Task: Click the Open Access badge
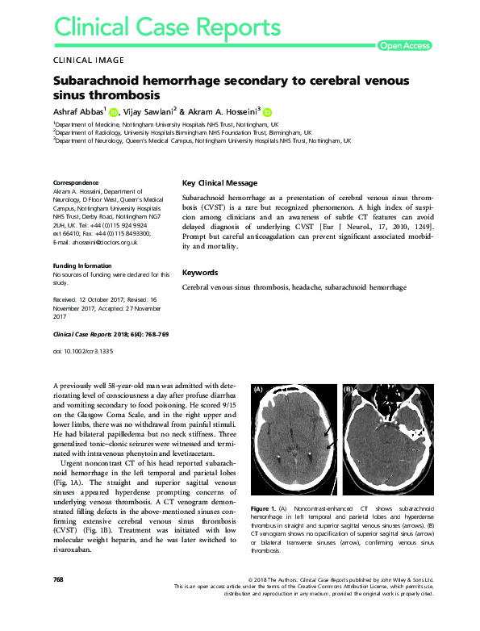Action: point(405,46)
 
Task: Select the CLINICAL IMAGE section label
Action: point(88,61)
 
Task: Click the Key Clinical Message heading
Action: point(220,183)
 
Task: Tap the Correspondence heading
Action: point(76,183)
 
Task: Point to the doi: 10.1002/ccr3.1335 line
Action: point(83,352)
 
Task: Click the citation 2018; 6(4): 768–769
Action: point(138,333)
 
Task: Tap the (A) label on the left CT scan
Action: point(260,389)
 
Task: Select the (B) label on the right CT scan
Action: point(349,389)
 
